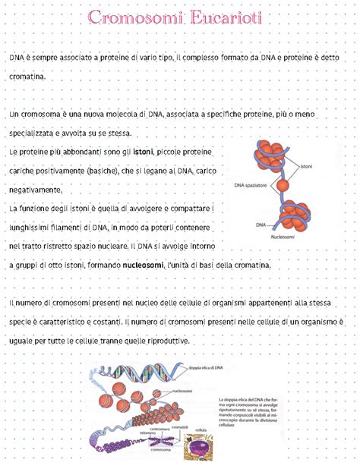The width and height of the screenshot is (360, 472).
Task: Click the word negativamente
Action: coord(38,190)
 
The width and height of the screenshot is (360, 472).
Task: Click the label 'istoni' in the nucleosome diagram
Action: coord(307,166)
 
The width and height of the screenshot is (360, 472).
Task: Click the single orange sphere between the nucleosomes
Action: coord(283,184)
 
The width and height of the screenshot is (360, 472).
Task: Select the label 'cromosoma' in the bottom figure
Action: coord(161,449)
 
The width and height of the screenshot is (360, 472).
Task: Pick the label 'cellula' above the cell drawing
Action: coord(201,430)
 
